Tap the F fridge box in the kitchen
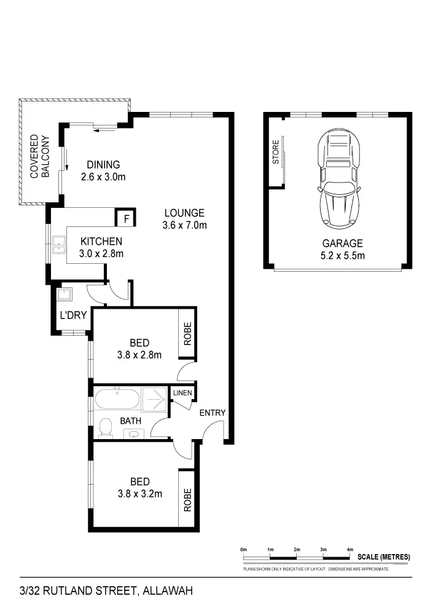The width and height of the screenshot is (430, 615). pyautogui.click(x=126, y=218)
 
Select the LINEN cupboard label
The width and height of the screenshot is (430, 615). pyautogui.click(x=182, y=393)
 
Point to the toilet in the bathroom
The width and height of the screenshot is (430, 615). pyautogui.click(x=106, y=427)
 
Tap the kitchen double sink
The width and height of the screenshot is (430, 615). pyautogui.click(x=59, y=245)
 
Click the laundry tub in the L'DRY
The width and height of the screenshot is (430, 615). pyautogui.click(x=64, y=294)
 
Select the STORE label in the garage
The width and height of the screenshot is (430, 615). pyautogui.click(x=276, y=153)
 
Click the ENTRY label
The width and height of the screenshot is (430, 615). pyautogui.click(x=213, y=413)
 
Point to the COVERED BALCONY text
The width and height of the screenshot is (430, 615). pyautogui.click(x=39, y=157)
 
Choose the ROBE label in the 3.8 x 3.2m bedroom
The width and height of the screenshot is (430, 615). pyautogui.click(x=187, y=500)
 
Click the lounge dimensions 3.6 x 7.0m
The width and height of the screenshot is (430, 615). pyautogui.click(x=184, y=225)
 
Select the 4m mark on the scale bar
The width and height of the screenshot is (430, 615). pyautogui.click(x=350, y=549)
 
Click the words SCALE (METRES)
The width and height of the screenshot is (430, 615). pyautogui.click(x=383, y=557)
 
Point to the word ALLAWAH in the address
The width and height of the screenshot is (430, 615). pyautogui.click(x=167, y=592)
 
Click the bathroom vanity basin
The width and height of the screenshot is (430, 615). pyautogui.click(x=133, y=434)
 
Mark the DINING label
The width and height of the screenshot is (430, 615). pyautogui.click(x=103, y=165)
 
